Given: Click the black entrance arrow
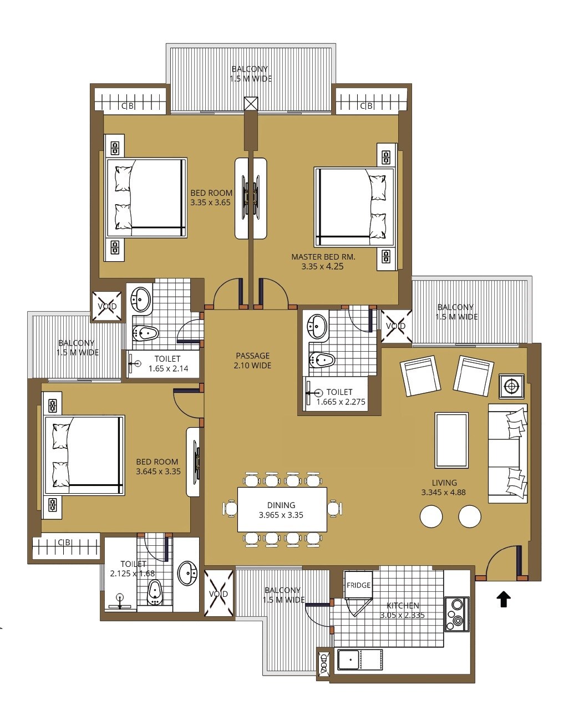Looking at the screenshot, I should (503, 599).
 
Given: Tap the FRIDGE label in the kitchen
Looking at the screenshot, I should (358, 585).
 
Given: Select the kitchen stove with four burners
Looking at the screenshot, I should (456, 614).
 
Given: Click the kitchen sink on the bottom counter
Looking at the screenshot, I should (349, 660).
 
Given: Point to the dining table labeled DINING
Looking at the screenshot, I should (282, 510).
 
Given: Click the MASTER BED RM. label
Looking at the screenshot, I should (323, 257).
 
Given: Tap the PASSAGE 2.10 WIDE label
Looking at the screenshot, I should (252, 361).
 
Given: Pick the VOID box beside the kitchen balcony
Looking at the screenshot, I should (219, 594).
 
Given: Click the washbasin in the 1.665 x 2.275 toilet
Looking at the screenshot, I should (318, 327).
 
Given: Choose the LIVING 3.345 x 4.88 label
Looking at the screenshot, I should (444, 487).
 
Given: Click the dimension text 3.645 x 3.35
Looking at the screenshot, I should (158, 471).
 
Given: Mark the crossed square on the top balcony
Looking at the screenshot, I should (251, 103).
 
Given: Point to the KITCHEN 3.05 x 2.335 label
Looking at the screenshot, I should (402, 610).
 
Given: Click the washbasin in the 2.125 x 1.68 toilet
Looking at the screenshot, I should (187, 574).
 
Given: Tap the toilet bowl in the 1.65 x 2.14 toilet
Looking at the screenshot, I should (146, 333).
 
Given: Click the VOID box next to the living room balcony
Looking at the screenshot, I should (395, 326).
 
